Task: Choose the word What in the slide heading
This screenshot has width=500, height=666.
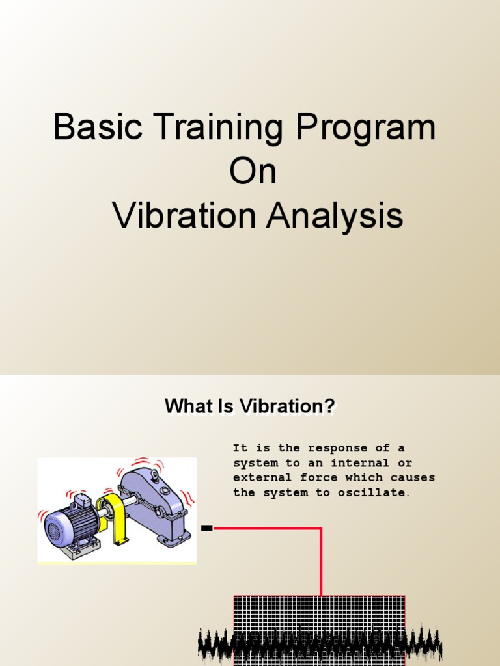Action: pos(188,406)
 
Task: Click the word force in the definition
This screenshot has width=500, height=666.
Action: pos(319,478)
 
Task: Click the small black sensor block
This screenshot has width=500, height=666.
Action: pos(207,528)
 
